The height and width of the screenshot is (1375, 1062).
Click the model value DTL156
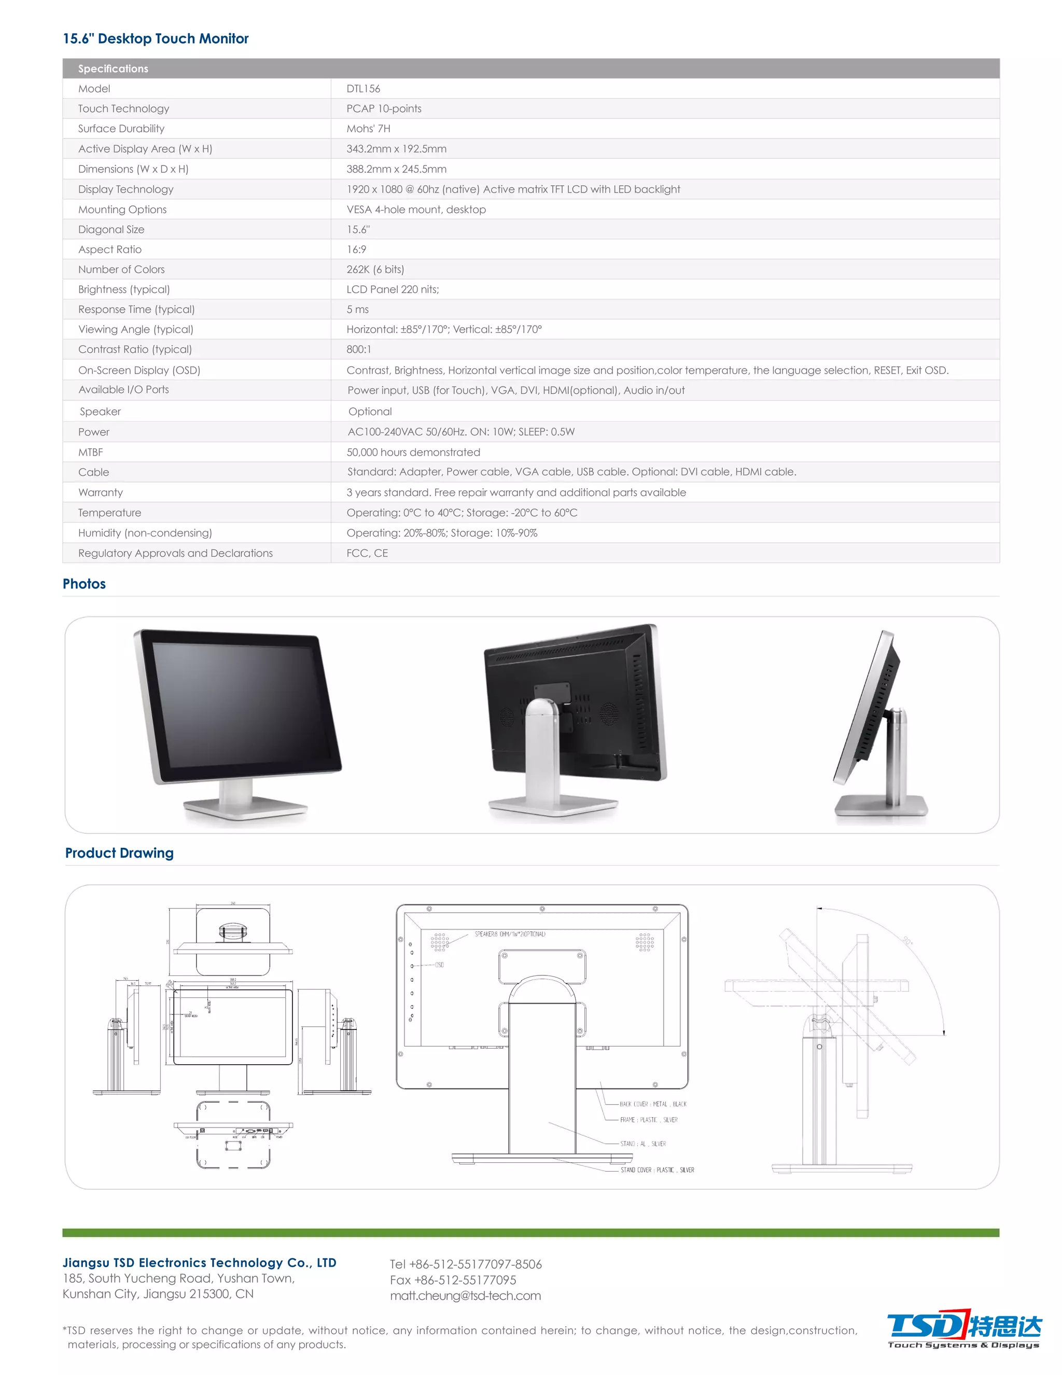tap(363, 89)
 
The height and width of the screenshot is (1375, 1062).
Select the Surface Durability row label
tap(121, 129)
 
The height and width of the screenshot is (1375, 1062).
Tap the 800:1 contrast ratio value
tap(359, 349)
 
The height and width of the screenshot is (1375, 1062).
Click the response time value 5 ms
tap(357, 309)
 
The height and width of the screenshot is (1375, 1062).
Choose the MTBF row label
tap(91, 452)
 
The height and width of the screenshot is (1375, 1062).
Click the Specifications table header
tap(113, 68)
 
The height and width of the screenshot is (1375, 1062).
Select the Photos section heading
tap(85, 584)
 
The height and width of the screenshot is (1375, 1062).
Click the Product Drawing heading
tap(120, 853)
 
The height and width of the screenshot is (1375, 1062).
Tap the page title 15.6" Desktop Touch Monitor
tap(156, 38)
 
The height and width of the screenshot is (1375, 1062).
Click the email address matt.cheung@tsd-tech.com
tap(465, 1295)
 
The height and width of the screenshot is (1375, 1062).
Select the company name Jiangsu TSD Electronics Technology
tap(200, 1262)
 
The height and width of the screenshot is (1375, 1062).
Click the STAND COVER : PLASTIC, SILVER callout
tap(657, 1170)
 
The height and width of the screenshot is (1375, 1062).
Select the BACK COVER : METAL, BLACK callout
tap(652, 1104)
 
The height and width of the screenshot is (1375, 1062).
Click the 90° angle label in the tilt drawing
tap(906, 941)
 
